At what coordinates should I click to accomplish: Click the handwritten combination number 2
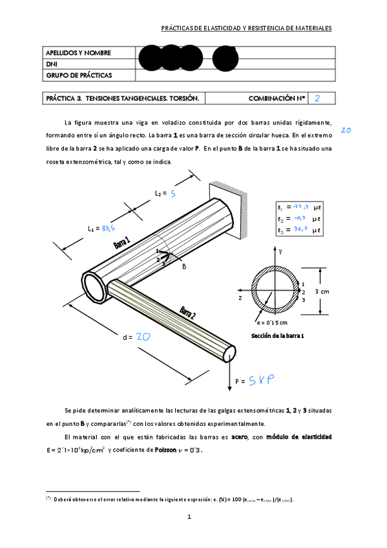coord(317,98)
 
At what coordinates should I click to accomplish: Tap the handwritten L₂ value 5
coord(173,193)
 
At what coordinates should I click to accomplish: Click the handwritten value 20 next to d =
coord(143,336)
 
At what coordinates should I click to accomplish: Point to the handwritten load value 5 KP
coord(261,381)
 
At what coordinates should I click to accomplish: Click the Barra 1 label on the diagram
coord(122,243)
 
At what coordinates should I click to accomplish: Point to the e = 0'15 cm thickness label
coord(271,322)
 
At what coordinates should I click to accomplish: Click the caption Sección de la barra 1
coord(277,336)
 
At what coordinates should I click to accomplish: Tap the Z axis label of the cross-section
coord(240,299)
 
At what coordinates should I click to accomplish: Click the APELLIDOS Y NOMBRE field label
coord(78,52)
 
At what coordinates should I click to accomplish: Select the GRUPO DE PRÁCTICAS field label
coord(79,75)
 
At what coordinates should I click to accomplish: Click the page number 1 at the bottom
coord(189,516)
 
